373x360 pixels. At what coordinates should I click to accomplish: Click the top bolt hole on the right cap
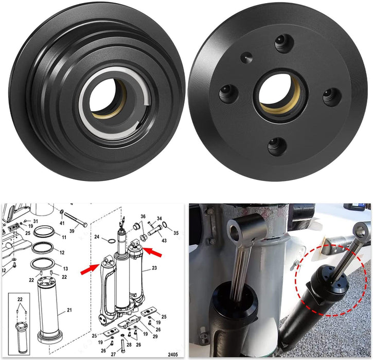280,43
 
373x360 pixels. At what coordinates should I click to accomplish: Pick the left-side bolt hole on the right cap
226,93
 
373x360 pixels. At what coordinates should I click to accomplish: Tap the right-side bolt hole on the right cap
331,96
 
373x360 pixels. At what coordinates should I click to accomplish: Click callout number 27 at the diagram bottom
114,354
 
